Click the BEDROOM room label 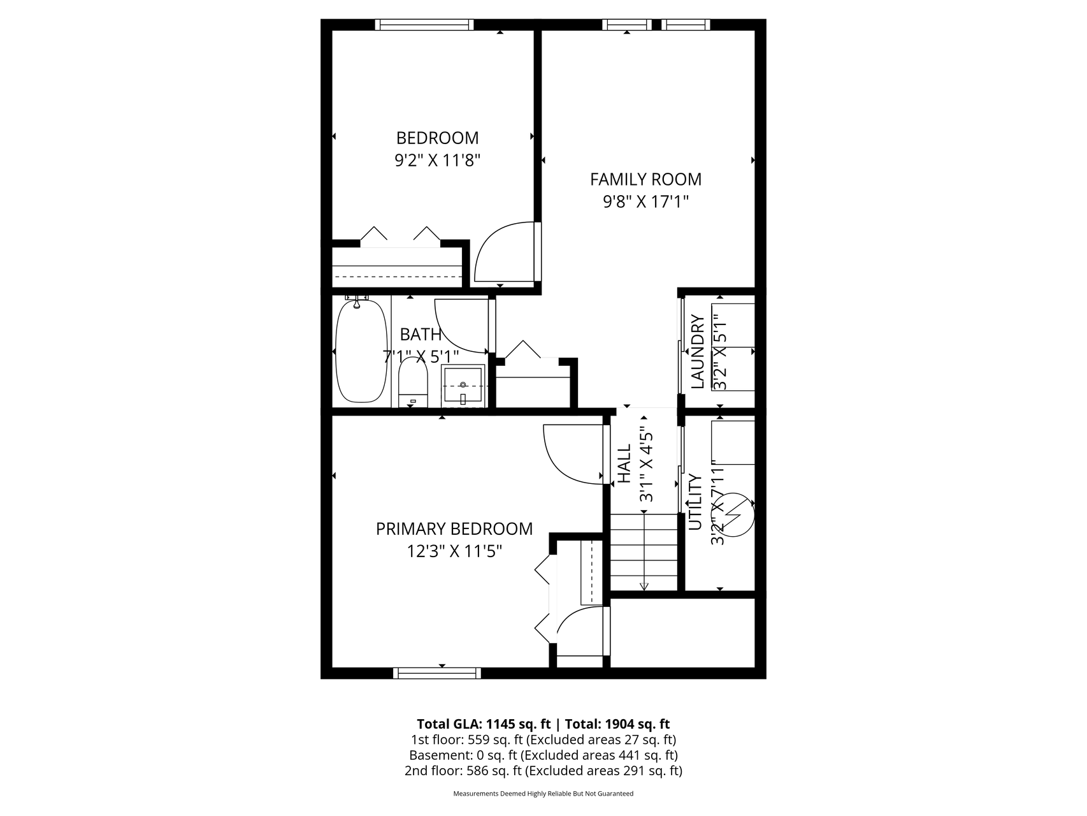[437, 138]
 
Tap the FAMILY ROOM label [645, 179]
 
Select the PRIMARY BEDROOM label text [454, 528]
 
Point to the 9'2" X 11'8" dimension [437, 159]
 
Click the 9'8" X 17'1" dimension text [645, 201]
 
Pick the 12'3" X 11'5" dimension [454, 550]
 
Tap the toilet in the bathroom [412, 382]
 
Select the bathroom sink [464, 385]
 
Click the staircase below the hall [644, 552]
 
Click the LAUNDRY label [698, 352]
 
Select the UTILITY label [696, 502]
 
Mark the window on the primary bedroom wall [436, 673]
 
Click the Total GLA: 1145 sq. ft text [484, 724]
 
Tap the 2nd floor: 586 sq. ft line [543, 771]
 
